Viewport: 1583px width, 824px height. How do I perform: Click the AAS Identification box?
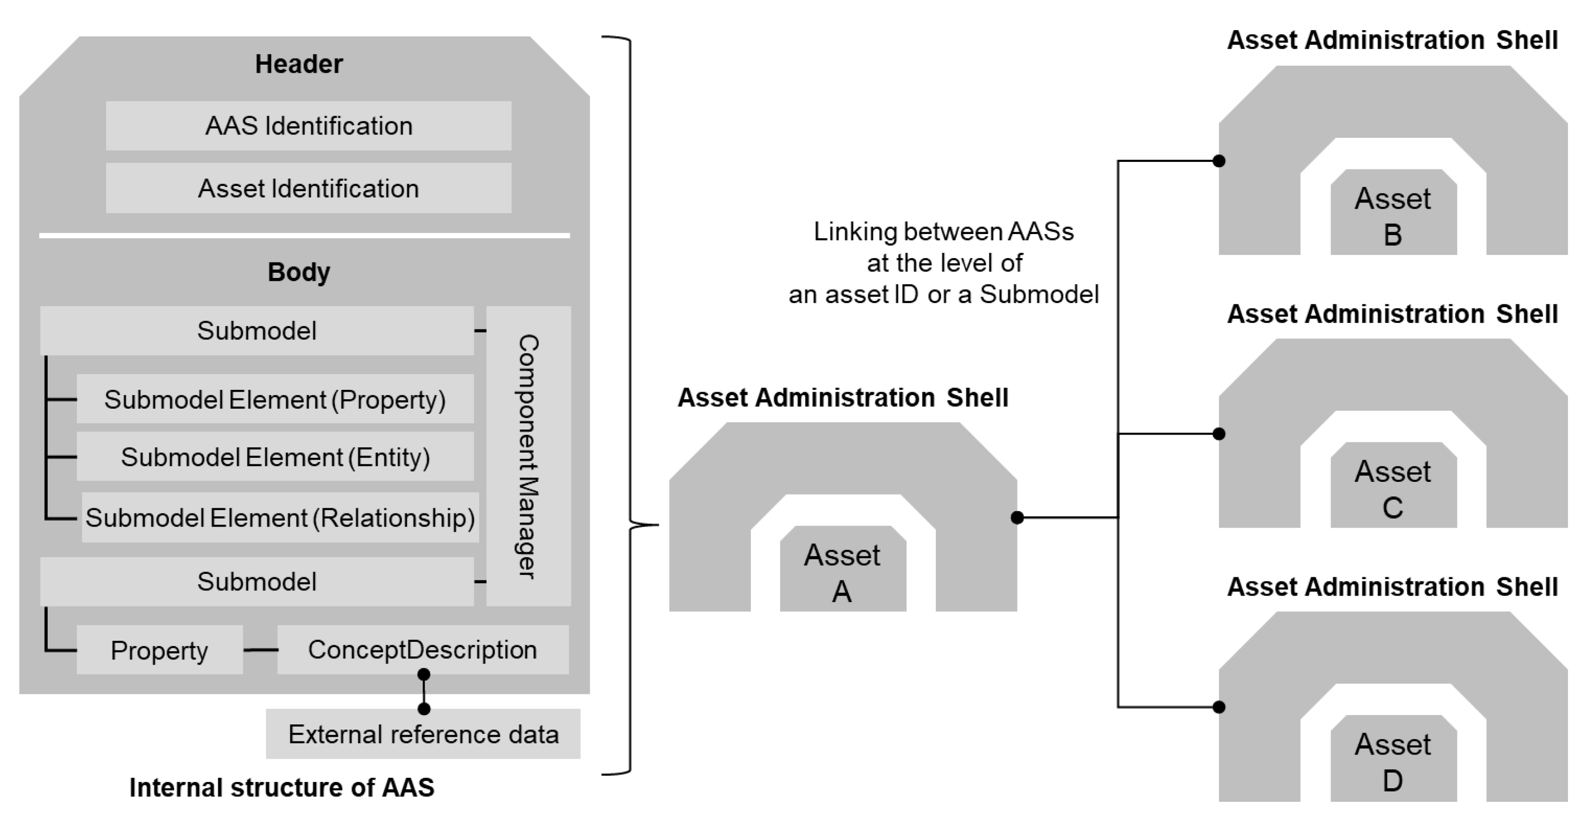308,126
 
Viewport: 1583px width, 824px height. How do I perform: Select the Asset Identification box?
308,188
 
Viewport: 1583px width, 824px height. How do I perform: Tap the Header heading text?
299,64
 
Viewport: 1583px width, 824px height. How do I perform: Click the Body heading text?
299,272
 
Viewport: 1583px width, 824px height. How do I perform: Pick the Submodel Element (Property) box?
275,400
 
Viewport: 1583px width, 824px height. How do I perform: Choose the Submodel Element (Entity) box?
275,457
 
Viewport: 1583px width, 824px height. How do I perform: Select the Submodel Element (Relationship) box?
280,518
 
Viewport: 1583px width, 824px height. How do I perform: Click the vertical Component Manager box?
528,456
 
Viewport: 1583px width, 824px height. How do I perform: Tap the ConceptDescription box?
423,650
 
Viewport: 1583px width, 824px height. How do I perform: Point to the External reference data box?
423,734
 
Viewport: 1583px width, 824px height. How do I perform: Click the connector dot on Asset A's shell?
1017,518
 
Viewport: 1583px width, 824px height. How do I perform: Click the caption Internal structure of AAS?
282,788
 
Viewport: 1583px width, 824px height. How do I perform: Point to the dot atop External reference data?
424,709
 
